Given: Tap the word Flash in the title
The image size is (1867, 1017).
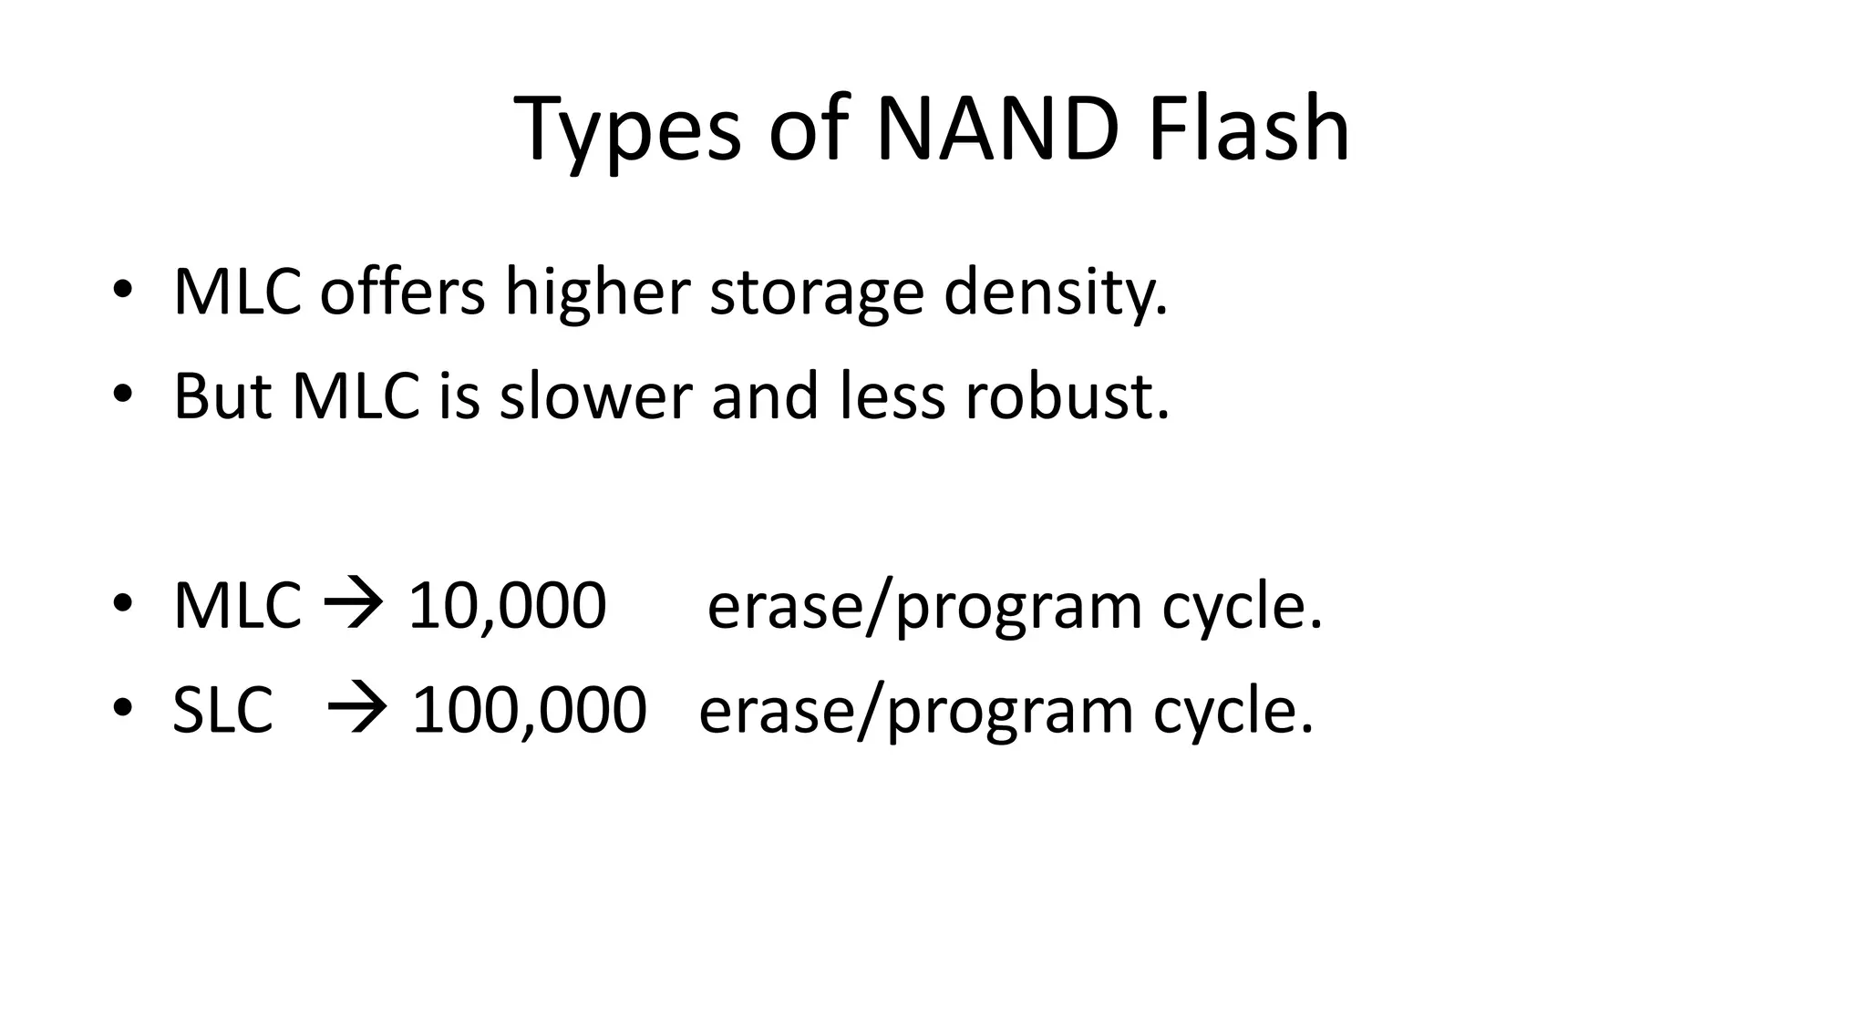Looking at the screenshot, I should pos(1248,129).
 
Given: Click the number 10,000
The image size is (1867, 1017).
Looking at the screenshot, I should pos(507,605).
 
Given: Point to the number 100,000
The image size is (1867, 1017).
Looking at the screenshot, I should pos(529,710).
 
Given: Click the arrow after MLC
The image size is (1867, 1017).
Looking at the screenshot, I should pos(354,605).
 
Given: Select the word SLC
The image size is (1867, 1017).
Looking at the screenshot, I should pos(222,710).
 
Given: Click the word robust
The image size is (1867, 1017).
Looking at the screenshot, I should pos(1067,397).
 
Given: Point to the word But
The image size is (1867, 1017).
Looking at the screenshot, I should pos(222,397).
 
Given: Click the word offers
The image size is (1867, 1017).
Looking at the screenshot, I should pos(402,293).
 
